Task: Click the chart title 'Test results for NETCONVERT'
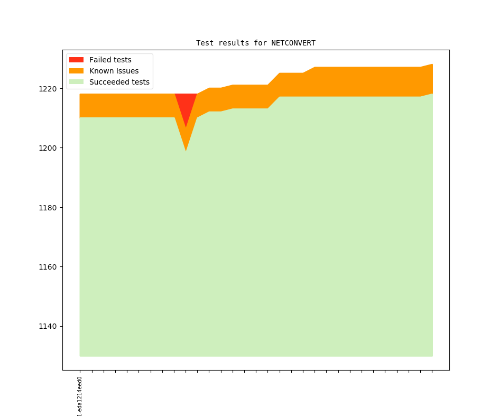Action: tap(256, 43)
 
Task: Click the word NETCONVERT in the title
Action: tap(293, 43)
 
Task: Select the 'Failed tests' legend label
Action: tap(110, 60)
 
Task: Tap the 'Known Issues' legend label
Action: tap(114, 71)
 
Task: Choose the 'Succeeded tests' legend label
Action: tap(119, 82)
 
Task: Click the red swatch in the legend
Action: tap(76, 60)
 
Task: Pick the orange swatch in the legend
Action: tap(76, 71)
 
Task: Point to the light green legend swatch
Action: tap(76, 82)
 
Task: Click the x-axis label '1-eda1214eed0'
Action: tap(80, 396)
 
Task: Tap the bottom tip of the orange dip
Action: tap(186, 150)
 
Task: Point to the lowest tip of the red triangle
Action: tap(186, 126)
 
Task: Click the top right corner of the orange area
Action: tap(432, 65)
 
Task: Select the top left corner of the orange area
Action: tap(80, 95)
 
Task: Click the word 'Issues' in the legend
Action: tap(126, 71)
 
